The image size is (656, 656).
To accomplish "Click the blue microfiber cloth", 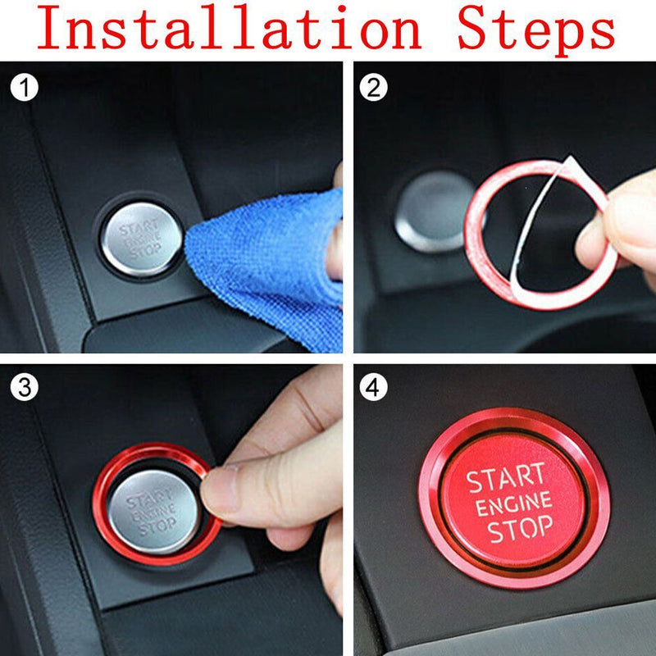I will pos(262,262).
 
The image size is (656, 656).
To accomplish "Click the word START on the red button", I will pos(506,478).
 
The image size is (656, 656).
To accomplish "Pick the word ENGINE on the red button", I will pos(514,504).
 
